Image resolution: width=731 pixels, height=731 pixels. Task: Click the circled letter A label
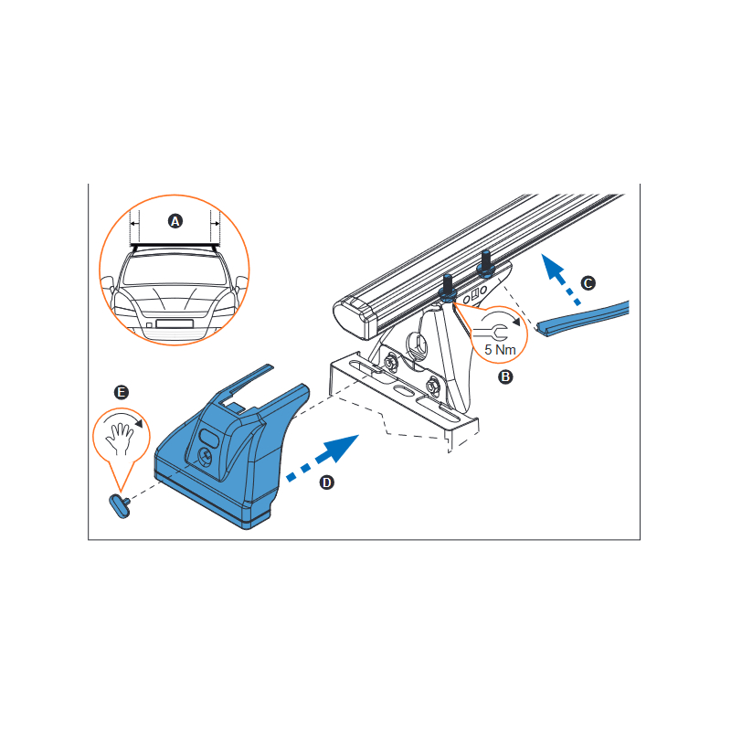(x=175, y=221)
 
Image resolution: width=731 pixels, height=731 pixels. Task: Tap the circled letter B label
(x=505, y=376)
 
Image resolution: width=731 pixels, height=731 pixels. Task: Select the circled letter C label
(x=588, y=283)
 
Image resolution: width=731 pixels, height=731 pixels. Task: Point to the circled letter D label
(x=327, y=482)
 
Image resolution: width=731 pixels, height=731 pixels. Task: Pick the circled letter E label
(x=122, y=392)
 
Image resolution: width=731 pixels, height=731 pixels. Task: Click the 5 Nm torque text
(x=500, y=350)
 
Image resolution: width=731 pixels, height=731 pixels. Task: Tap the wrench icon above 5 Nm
(x=491, y=333)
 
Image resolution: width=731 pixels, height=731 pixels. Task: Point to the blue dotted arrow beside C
(x=560, y=279)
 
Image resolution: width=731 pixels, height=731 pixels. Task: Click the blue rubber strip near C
(x=583, y=319)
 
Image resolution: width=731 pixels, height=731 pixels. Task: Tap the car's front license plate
(x=175, y=323)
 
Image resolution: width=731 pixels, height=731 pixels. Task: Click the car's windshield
(x=175, y=270)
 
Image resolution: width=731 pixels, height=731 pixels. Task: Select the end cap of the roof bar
(x=355, y=318)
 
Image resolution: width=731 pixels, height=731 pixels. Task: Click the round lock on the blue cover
(x=206, y=456)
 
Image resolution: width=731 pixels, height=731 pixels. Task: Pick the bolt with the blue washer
(x=448, y=288)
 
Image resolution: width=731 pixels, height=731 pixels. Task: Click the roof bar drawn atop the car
(x=175, y=245)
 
